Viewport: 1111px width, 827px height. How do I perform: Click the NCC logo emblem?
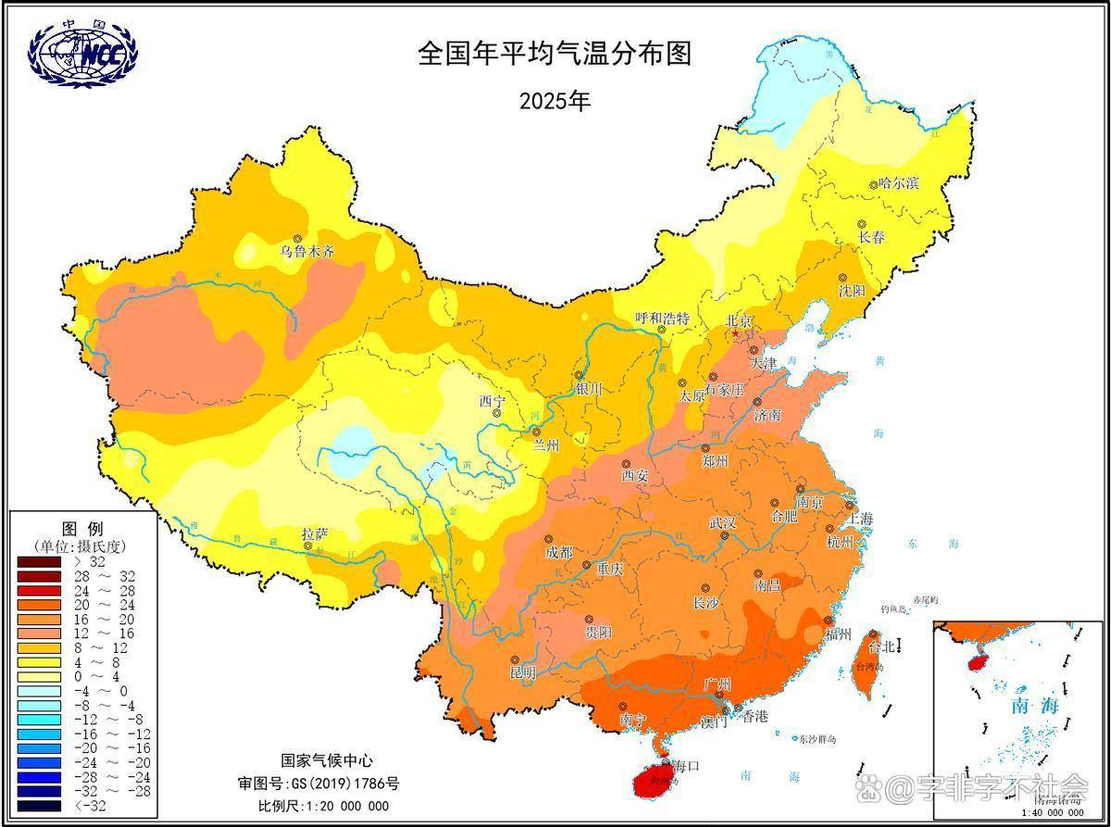pos(82,53)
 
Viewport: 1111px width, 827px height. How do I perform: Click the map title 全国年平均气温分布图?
pos(555,54)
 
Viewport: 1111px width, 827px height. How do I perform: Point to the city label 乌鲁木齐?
pos(308,251)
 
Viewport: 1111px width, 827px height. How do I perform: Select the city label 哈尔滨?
pos(899,184)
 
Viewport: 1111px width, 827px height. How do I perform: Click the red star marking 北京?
pos(735,333)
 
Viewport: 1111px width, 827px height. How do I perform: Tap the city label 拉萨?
pos(315,534)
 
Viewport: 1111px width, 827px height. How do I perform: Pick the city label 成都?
pos(559,553)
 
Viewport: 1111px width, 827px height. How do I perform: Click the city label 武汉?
pos(723,523)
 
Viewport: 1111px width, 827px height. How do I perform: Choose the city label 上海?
pos(860,518)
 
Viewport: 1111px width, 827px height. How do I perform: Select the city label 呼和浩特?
pos(663,318)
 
